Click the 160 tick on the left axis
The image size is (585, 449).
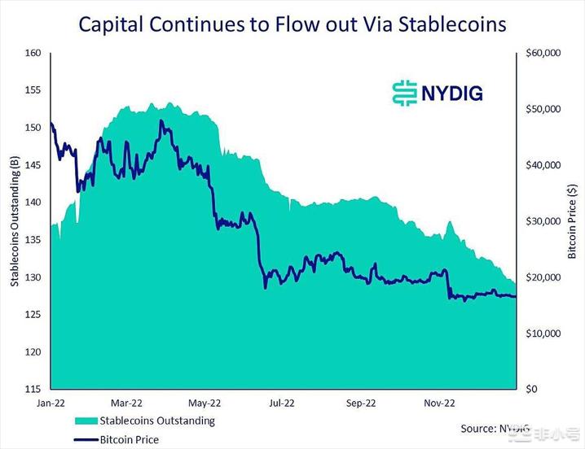[x=33, y=53]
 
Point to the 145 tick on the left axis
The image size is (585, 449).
[x=33, y=165]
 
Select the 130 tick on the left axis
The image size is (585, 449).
[x=33, y=277]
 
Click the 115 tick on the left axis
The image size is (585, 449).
[x=33, y=390]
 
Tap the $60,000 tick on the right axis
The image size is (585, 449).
[x=543, y=53]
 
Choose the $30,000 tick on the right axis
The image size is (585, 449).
[x=543, y=221]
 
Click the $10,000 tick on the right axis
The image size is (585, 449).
[x=543, y=333]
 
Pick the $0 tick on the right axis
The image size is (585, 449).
[x=530, y=390]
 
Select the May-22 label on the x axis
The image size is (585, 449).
[x=205, y=402]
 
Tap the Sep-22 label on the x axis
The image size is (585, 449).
[x=361, y=402]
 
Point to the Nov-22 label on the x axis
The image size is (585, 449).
[x=438, y=402]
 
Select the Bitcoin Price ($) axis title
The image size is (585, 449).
[x=573, y=221]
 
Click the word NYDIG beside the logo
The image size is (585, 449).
[x=452, y=93]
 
